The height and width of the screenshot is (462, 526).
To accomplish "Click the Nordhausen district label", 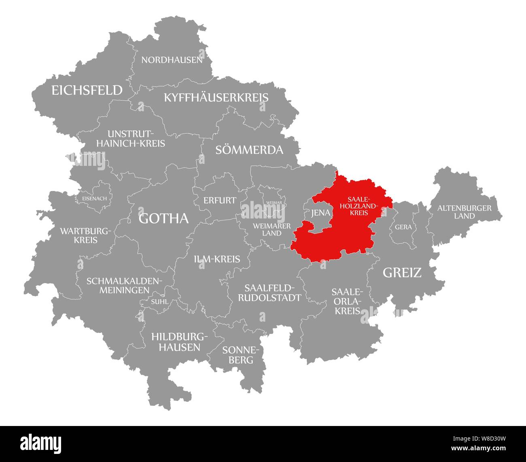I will (x=172, y=60).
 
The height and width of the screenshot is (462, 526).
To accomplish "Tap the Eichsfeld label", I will (x=87, y=90).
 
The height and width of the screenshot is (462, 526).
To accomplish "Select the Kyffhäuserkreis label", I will (x=216, y=97).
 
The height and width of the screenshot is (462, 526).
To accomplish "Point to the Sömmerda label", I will (x=249, y=150).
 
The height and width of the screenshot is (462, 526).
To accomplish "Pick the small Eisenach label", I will (x=94, y=199).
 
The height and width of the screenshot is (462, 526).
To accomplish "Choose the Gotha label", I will (x=163, y=218).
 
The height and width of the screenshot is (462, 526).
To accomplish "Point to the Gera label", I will (x=403, y=227).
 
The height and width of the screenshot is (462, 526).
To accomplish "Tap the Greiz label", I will (x=402, y=273).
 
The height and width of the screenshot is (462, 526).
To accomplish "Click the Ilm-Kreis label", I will (x=217, y=259).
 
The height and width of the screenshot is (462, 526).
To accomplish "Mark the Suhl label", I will (x=159, y=301).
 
